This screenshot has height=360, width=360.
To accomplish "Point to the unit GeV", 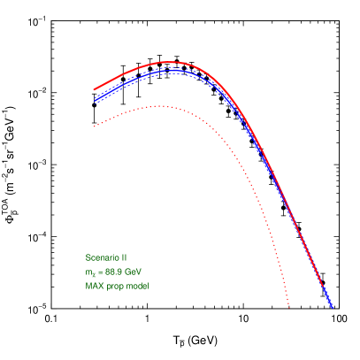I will click(x=133, y=272).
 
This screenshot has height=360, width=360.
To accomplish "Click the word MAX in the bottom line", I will click(x=94, y=286).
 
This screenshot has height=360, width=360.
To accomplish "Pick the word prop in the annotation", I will click(x=113, y=287).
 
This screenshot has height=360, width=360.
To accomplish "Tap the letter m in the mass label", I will click(x=88, y=272).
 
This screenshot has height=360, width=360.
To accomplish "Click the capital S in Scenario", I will click(x=88, y=257).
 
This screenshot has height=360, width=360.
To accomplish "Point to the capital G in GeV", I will click(x=127, y=272).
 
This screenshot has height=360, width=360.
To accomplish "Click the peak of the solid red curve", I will click(x=169, y=62).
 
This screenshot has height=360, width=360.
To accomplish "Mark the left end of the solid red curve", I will click(x=95, y=89).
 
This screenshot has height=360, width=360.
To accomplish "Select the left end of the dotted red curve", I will click(x=95, y=126).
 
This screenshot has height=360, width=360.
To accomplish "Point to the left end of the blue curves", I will click(x=95, y=99).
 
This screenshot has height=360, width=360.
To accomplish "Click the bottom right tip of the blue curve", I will click(x=333, y=307).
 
